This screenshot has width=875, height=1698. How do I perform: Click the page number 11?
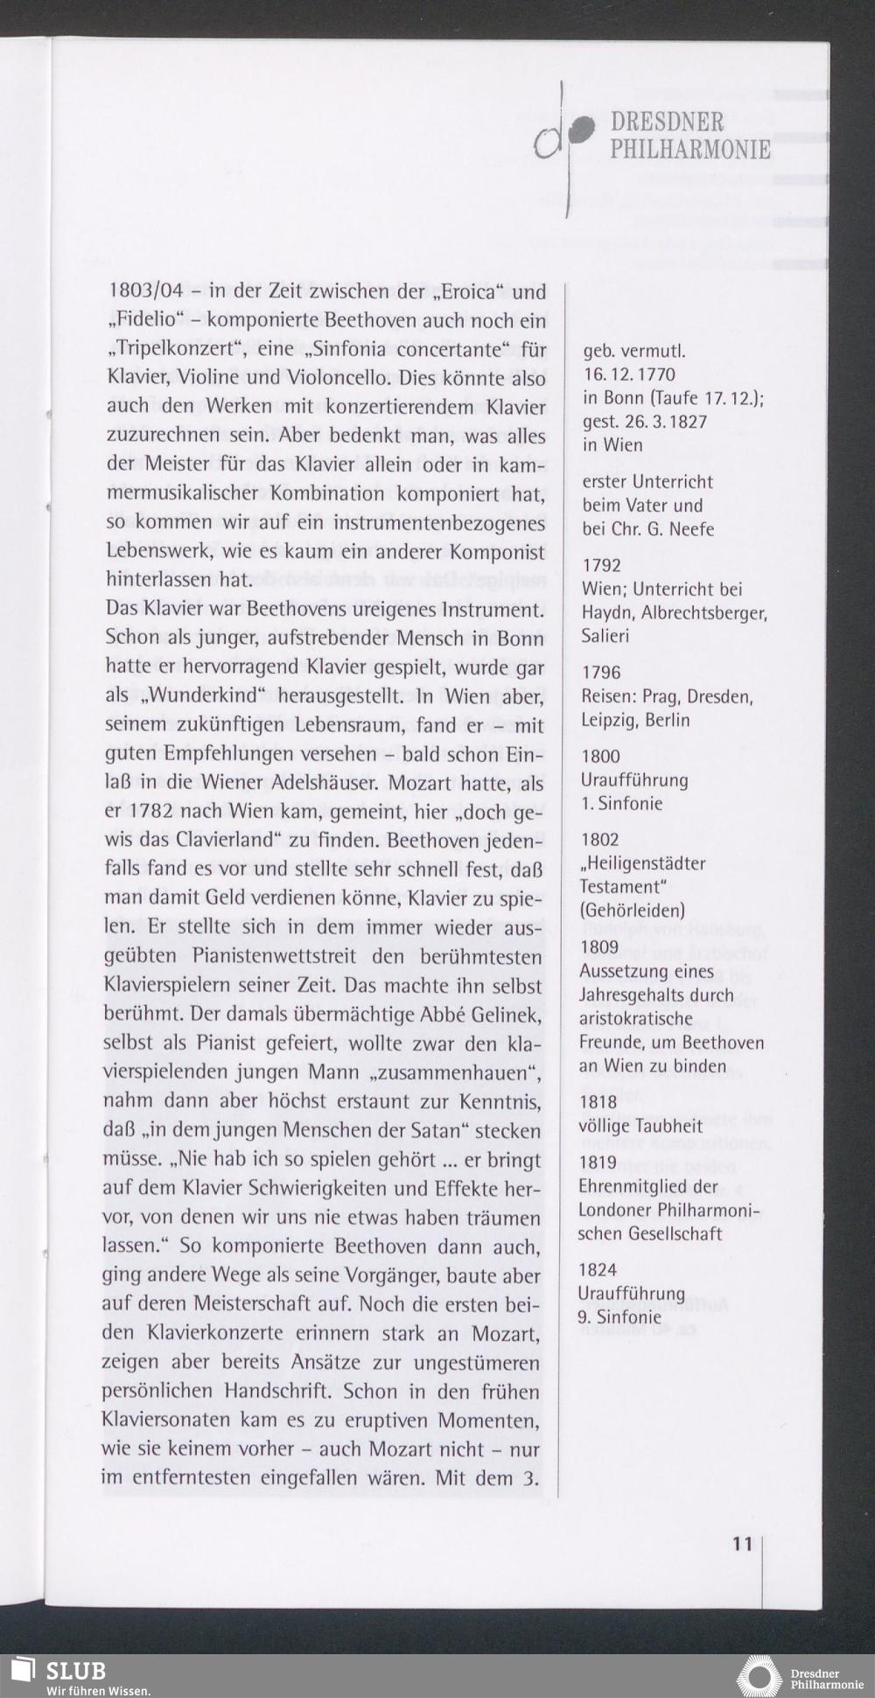742,1543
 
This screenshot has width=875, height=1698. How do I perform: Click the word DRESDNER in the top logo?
667,122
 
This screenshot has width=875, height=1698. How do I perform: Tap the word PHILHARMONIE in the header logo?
690,150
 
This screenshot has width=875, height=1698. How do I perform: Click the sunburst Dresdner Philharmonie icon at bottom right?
758,1676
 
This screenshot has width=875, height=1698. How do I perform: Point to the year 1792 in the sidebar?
601,566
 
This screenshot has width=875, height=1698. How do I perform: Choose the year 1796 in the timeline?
601,673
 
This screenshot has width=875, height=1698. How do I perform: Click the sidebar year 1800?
600,757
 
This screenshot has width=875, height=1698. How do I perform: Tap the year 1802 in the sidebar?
600,840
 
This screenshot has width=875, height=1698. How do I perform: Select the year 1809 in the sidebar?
599,947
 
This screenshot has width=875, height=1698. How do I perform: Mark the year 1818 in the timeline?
598,1102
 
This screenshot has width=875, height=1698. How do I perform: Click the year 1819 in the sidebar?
598,1163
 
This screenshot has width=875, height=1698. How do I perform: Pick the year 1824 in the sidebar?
598,1269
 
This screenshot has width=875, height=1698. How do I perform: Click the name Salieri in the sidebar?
605,636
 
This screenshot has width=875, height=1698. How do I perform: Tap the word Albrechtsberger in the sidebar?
703,613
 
